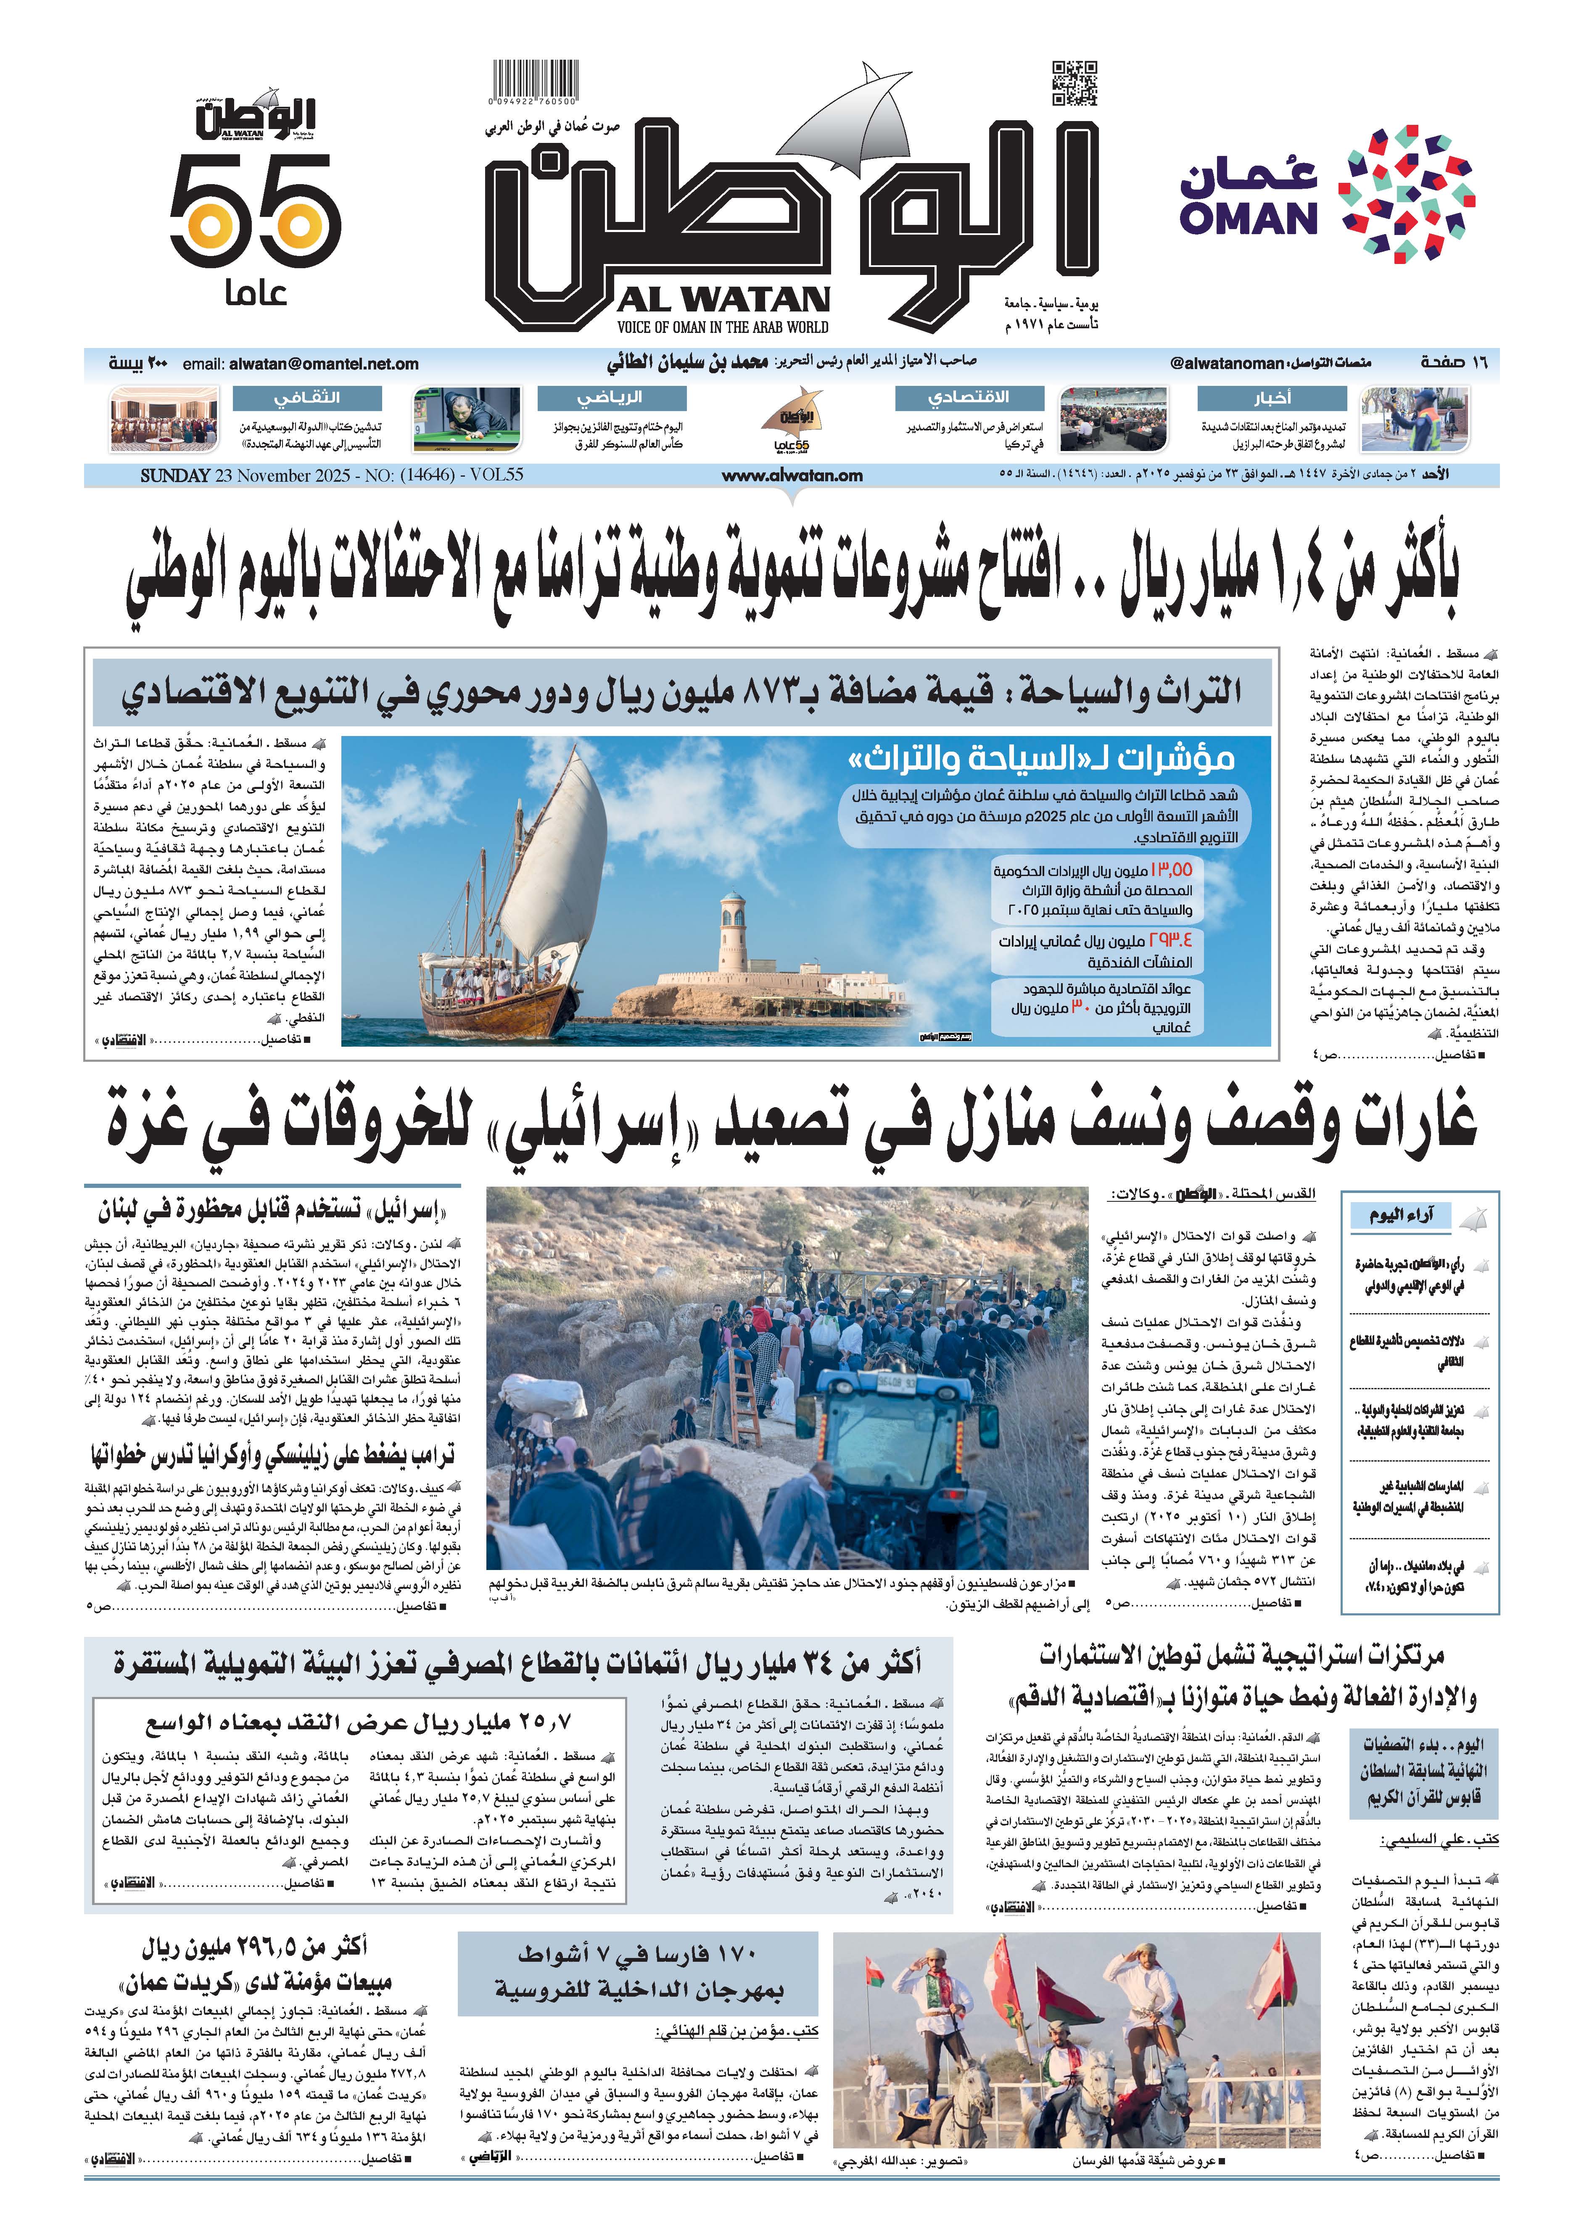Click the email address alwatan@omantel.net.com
point(325,364)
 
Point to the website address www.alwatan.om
point(792,476)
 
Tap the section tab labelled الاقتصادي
point(969,398)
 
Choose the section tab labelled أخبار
point(1273,398)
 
